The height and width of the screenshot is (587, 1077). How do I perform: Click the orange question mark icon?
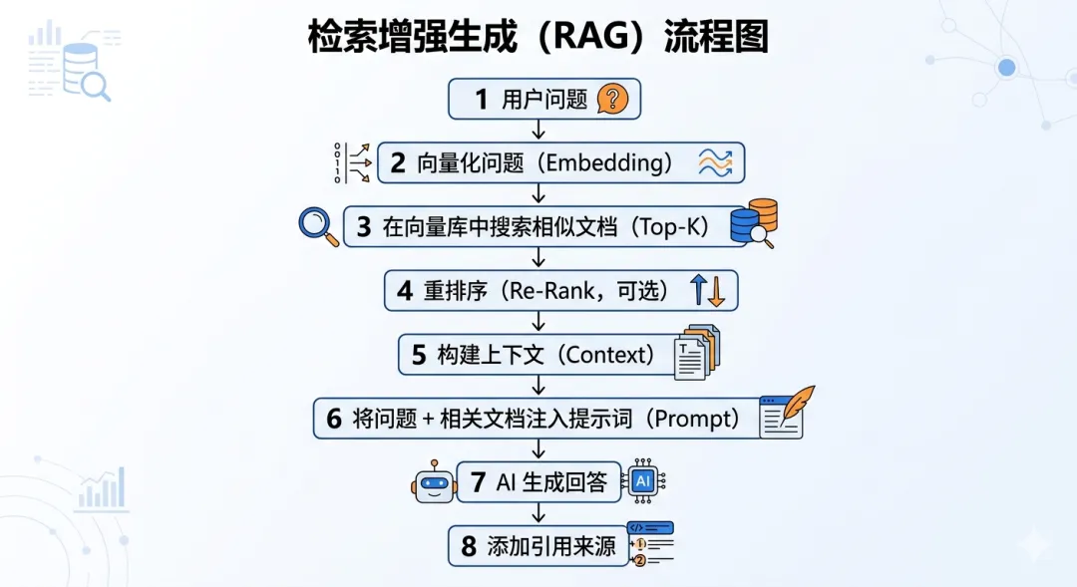pos(612,99)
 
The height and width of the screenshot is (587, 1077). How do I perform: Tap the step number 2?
pos(397,163)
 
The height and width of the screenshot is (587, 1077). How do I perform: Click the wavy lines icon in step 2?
pos(715,162)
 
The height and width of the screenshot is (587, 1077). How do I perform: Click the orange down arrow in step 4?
pos(715,291)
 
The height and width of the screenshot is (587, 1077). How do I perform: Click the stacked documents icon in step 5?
pos(696,352)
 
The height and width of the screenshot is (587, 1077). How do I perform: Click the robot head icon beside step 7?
pos(434,483)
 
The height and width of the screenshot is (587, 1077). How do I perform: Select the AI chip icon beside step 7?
pos(643,482)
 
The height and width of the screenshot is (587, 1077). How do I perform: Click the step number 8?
pos(469,546)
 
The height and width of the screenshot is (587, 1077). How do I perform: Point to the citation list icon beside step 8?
pos(649,543)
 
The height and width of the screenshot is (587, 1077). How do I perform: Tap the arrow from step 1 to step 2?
pos(538,130)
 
